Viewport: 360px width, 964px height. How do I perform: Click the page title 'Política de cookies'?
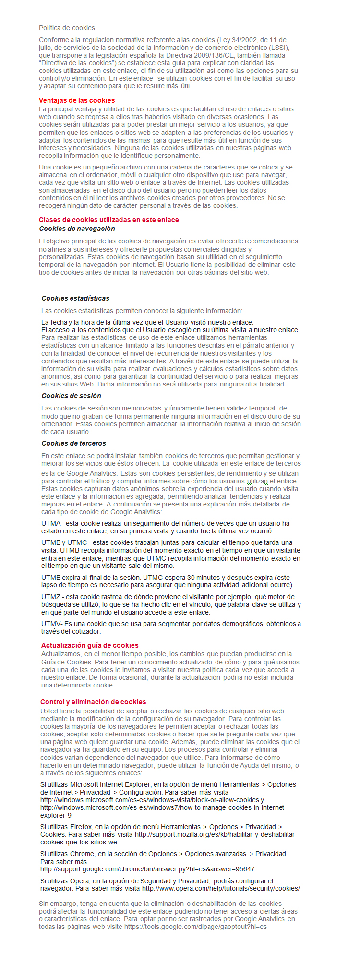67,28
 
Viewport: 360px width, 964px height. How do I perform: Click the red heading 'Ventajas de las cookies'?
77,100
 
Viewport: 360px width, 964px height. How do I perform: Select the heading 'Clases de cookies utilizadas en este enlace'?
108,220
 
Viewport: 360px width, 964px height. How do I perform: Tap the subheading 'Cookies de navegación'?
77,229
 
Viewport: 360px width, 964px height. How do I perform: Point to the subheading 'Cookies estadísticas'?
75,298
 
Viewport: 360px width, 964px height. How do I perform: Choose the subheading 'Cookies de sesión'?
71,396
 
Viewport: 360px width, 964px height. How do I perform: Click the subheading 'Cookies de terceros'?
73,443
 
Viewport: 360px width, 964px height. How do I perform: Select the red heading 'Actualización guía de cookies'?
90,645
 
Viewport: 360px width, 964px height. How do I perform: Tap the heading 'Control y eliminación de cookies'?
93,702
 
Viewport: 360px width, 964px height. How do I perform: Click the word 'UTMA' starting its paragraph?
51,523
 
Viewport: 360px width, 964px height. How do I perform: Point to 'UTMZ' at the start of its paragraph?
51,597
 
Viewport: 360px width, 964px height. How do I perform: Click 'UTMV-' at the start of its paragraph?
52,624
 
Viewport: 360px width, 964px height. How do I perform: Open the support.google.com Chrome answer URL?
147,869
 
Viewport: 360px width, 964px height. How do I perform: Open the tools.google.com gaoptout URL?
195,927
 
